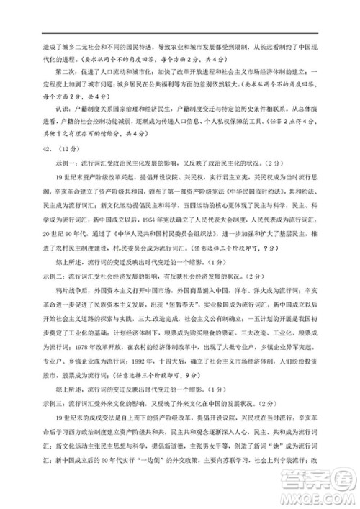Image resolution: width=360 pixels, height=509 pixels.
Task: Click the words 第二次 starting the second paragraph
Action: tap(63, 71)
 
